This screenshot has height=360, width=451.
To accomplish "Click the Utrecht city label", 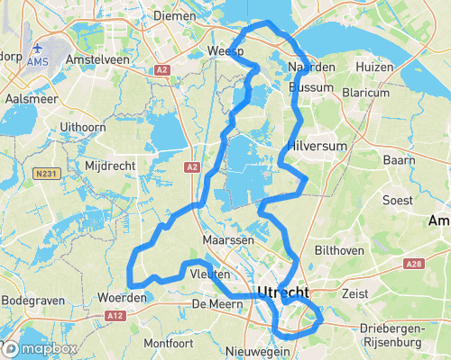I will click(x=283, y=292).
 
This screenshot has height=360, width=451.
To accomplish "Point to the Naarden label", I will click(x=311, y=67).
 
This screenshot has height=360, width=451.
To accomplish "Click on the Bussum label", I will click(x=311, y=88).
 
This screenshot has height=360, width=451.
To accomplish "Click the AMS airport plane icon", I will click(x=39, y=48).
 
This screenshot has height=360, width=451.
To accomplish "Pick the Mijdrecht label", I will click(x=107, y=166).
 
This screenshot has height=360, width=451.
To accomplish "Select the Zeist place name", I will click(x=356, y=292).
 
